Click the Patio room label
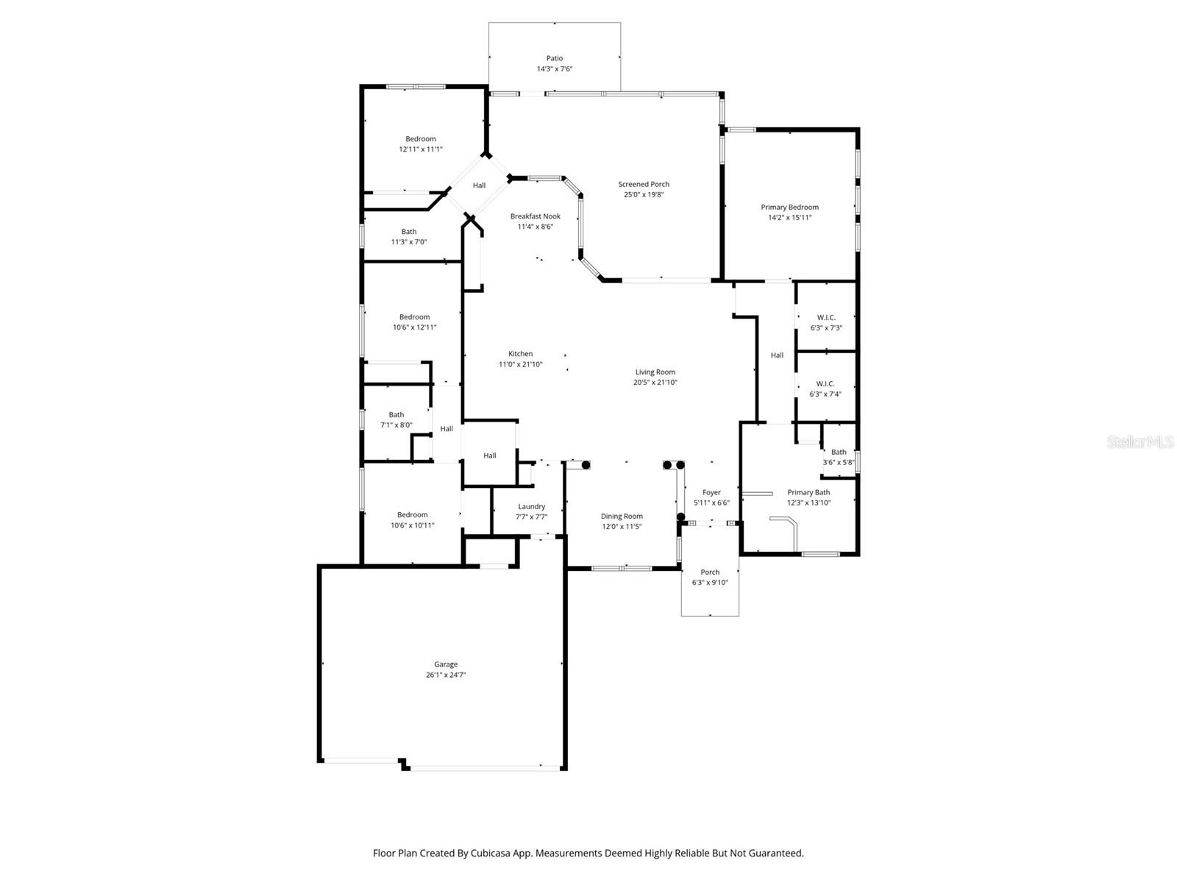(554, 58)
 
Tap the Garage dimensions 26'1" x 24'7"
(446, 675)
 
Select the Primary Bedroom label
(789, 208)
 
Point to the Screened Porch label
(644, 185)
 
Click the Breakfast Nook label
(536, 216)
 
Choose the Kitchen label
(520, 354)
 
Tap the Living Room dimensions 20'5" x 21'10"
(655, 383)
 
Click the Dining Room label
(622, 517)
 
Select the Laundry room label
(531, 506)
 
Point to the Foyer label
(711, 493)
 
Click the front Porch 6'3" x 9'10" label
(710, 572)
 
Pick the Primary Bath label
(808, 493)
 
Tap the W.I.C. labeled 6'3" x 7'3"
(826, 318)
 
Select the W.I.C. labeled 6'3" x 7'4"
(825, 384)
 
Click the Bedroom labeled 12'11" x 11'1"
(421, 139)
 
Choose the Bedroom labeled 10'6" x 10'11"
(412, 515)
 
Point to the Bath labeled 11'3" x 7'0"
(408, 232)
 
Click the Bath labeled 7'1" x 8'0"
(396, 415)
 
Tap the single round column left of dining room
(586, 464)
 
